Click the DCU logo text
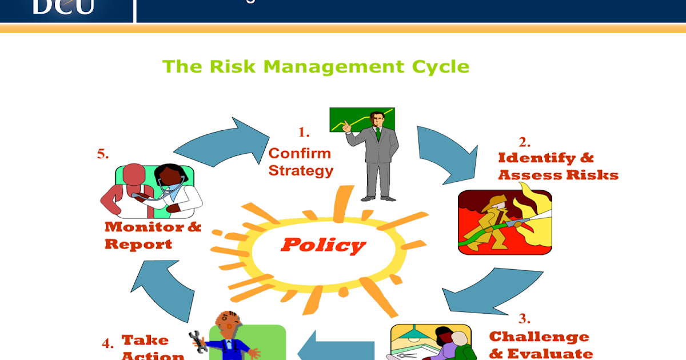coord(63,7)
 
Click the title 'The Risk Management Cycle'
coord(316,67)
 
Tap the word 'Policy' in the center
coord(323,246)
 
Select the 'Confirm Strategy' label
coord(301,162)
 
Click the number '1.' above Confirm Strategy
coord(304,133)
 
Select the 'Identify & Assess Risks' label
coord(557,166)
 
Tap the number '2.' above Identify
coord(524,141)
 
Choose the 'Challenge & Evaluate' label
coord(540,345)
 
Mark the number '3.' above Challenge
coord(524,318)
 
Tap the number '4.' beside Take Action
coord(107,343)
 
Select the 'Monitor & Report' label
coord(153,235)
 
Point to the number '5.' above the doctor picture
coord(103,154)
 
